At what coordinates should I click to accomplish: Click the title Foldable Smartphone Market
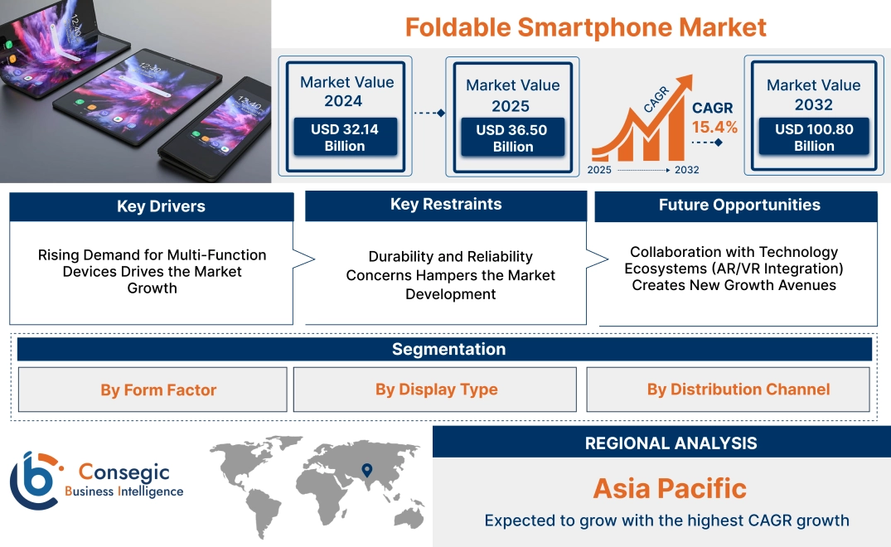[x=585, y=27]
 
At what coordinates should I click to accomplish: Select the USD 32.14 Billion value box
[x=344, y=138]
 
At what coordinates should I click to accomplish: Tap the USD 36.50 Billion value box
[x=512, y=138]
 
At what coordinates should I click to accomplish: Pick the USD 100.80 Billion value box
[x=813, y=138]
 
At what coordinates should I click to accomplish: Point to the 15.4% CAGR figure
[x=714, y=128]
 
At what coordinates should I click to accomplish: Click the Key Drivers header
[x=152, y=206]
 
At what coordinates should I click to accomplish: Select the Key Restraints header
[x=446, y=205]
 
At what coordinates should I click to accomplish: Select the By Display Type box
[x=435, y=390]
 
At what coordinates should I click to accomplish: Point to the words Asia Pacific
[x=669, y=488]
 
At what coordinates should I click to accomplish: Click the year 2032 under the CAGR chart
[x=686, y=170]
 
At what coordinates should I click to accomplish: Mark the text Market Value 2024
[x=346, y=91]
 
